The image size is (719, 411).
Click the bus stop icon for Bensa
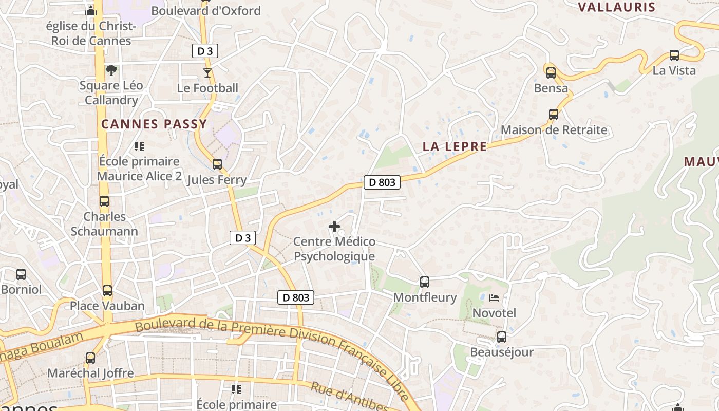click(551, 73)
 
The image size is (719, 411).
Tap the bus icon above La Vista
click(674, 55)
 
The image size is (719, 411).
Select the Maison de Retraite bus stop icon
click(554, 115)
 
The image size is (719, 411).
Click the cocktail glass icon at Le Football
click(207, 73)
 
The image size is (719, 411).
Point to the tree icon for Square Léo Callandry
click(111, 70)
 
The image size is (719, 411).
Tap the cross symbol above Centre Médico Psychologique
click(334, 226)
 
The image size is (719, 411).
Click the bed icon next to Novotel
click(494, 298)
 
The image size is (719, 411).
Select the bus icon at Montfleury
click(425, 282)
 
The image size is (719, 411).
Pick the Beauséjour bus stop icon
click(502, 337)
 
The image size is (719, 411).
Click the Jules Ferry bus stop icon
click(217, 164)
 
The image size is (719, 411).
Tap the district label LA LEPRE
click(455, 146)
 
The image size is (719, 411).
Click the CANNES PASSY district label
click(154, 124)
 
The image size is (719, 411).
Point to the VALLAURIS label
click(617, 7)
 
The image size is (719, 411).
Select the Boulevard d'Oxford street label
click(206, 11)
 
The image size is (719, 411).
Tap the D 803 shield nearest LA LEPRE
click(382, 182)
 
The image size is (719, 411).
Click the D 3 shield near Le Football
click(205, 51)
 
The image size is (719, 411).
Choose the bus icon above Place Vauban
click(107, 291)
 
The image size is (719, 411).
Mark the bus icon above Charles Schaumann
click(104, 201)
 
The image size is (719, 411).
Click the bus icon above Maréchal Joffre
click(90, 358)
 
